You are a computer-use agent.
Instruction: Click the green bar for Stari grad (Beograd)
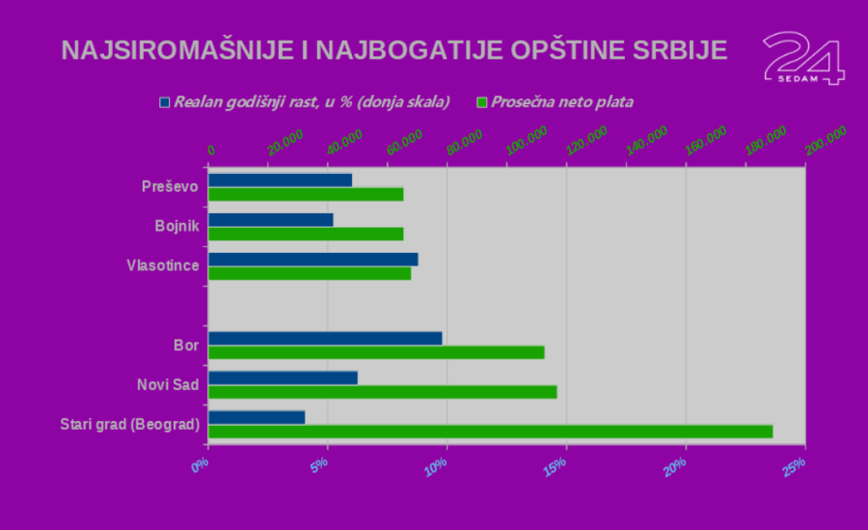490,432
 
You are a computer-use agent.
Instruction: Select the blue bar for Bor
325,338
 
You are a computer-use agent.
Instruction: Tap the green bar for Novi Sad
382,392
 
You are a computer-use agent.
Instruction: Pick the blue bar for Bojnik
270,219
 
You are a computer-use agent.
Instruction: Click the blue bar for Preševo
280,180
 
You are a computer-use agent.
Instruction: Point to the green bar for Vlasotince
310,273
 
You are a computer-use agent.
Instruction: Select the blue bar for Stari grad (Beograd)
257,417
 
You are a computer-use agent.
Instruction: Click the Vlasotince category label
162,265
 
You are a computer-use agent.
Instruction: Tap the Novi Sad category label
168,384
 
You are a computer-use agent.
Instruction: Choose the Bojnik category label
176,226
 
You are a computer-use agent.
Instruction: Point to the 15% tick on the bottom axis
555,464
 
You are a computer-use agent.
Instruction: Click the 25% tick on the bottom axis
794,464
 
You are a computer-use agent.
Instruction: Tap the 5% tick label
317,464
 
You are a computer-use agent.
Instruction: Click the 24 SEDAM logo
802,58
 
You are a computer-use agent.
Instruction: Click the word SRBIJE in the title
674,50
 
